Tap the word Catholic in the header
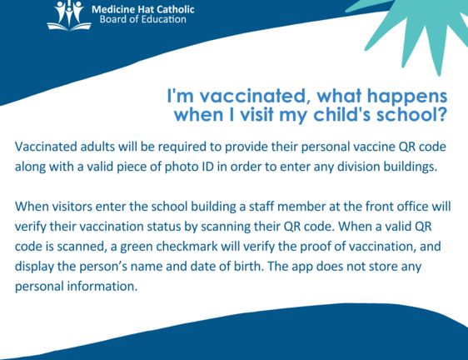click(x=176, y=9)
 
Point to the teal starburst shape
click(x=424, y=30)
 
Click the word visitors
click(x=72, y=207)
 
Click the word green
click(x=137, y=247)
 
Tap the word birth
click(x=248, y=267)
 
